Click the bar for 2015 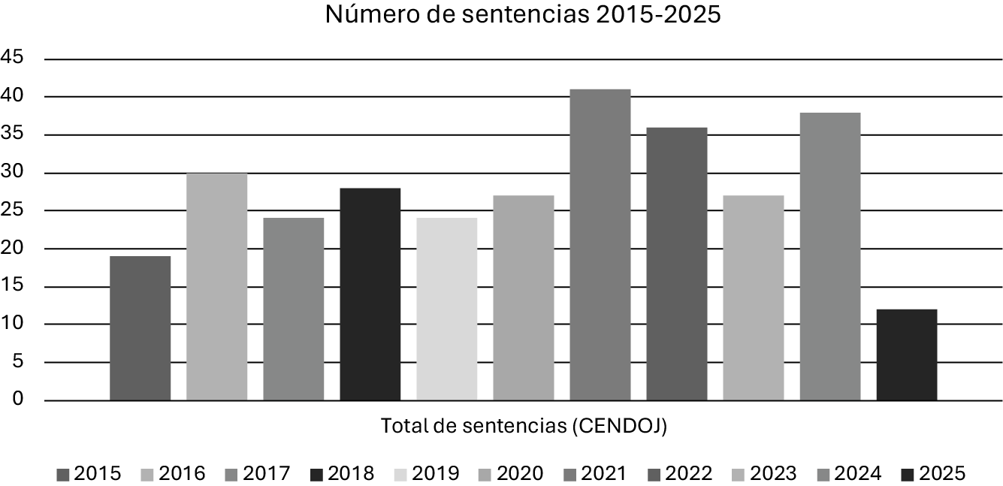[x=140, y=328]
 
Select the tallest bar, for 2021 [x=600, y=245]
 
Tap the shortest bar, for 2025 [x=906, y=355]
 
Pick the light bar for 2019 [x=446, y=309]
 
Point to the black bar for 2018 [x=370, y=294]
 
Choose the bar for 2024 [x=829, y=256]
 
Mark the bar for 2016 [x=216, y=286]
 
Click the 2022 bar [x=676, y=264]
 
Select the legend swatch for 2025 [x=907, y=474]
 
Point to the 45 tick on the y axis [x=13, y=58]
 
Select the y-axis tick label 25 [x=13, y=210]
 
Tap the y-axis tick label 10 [x=13, y=325]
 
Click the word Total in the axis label [x=398, y=427]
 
